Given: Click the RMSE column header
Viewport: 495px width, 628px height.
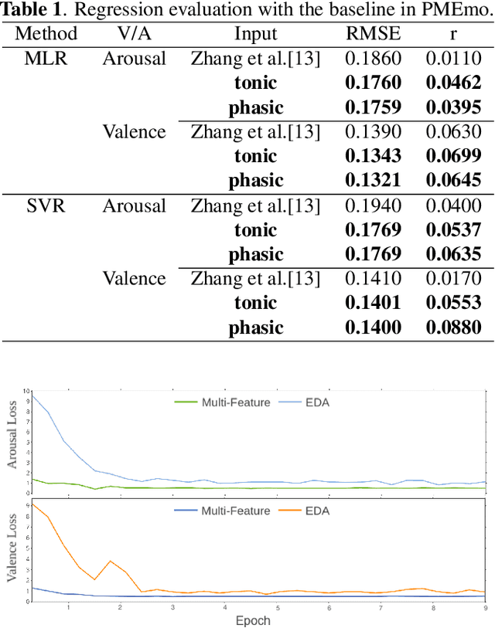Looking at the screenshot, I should [x=373, y=34].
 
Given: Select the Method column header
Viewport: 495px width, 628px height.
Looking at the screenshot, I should [x=46, y=34].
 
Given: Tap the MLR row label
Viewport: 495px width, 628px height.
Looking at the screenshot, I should [x=46, y=59].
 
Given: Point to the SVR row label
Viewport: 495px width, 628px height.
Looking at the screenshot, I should [x=46, y=205].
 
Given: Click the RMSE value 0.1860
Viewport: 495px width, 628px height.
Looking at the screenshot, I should [x=373, y=59].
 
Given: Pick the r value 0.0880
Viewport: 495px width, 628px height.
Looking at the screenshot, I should [x=453, y=328].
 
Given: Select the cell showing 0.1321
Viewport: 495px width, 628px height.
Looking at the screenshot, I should [x=373, y=181].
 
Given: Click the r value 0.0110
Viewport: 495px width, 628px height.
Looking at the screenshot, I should [x=453, y=59].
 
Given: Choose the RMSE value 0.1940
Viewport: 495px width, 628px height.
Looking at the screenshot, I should [x=373, y=205].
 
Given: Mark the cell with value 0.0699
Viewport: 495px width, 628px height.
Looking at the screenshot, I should [x=453, y=156].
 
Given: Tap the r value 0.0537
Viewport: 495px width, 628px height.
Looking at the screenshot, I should [x=453, y=230].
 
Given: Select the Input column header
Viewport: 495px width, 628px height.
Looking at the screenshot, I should [x=255, y=34].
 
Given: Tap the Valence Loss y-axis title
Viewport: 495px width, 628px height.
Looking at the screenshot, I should [x=12, y=550].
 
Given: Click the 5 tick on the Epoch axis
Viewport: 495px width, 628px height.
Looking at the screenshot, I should [x=277, y=608].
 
